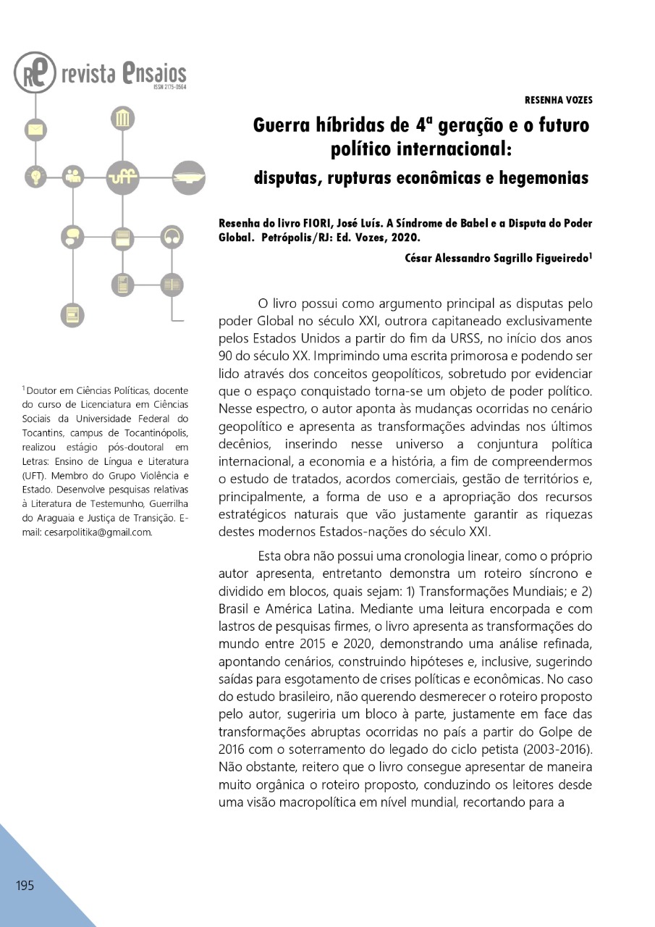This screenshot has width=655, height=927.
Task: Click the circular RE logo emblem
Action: pyautogui.click(x=34, y=72)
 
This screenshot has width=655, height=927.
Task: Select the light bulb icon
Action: pyautogui.click(x=35, y=175)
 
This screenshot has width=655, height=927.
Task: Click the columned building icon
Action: pyautogui.click(x=122, y=118)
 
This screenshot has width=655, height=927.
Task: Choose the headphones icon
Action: pyautogui.click(x=172, y=236)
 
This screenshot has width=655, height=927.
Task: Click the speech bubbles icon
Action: pyautogui.click(x=72, y=236)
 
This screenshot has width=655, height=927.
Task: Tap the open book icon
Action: pyautogui.click(x=172, y=285)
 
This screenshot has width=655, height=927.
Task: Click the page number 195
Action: pyautogui.click(x=25, y=886)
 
